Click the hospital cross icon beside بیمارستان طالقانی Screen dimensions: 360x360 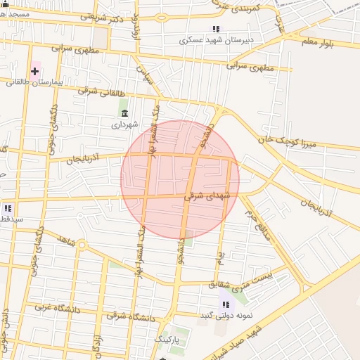34,71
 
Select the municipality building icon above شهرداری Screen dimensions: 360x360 125,114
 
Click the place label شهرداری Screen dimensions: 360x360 126,124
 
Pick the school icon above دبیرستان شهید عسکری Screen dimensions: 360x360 216,30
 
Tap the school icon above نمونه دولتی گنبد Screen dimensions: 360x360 226,304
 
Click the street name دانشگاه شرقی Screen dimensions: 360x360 129,316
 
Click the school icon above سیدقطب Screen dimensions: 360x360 8,208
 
